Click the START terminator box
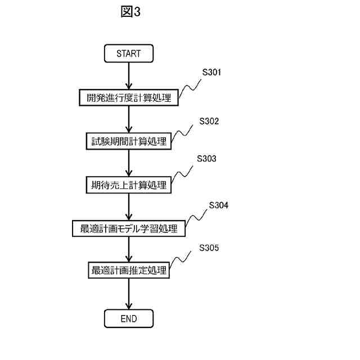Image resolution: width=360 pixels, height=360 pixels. click(x=128, y=54)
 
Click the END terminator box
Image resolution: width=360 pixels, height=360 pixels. click(x=128, y=319)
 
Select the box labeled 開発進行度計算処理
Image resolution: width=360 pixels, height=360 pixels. click(x=129, y=97)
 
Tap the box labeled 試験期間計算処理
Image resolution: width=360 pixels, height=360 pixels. click(x=129, y=141)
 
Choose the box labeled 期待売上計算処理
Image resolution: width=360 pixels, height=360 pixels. click(x=129, y=184)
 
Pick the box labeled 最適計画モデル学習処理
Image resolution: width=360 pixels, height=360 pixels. click(x=129, y=228)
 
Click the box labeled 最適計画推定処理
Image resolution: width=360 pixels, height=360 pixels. click(x=129, y=271)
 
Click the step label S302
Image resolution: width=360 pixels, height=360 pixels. click(x=209, y=121)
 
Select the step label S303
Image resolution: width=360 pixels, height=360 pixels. click(x=206, y=159)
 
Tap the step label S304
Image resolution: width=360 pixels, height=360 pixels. click(x=218, y=206)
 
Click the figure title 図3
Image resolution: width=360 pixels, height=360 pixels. click(x=130, y=12)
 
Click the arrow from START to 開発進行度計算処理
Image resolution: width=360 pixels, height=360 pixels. click(x=129, y=76)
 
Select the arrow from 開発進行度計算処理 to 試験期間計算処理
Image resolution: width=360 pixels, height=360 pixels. click(x=129, y=119)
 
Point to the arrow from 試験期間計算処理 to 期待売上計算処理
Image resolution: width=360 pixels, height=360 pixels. click(x=129, y=163)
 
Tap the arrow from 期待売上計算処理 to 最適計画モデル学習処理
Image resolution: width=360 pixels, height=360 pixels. click(x=129, y=206)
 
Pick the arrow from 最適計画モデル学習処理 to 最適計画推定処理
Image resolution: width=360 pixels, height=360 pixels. click(x=129, y=250)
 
